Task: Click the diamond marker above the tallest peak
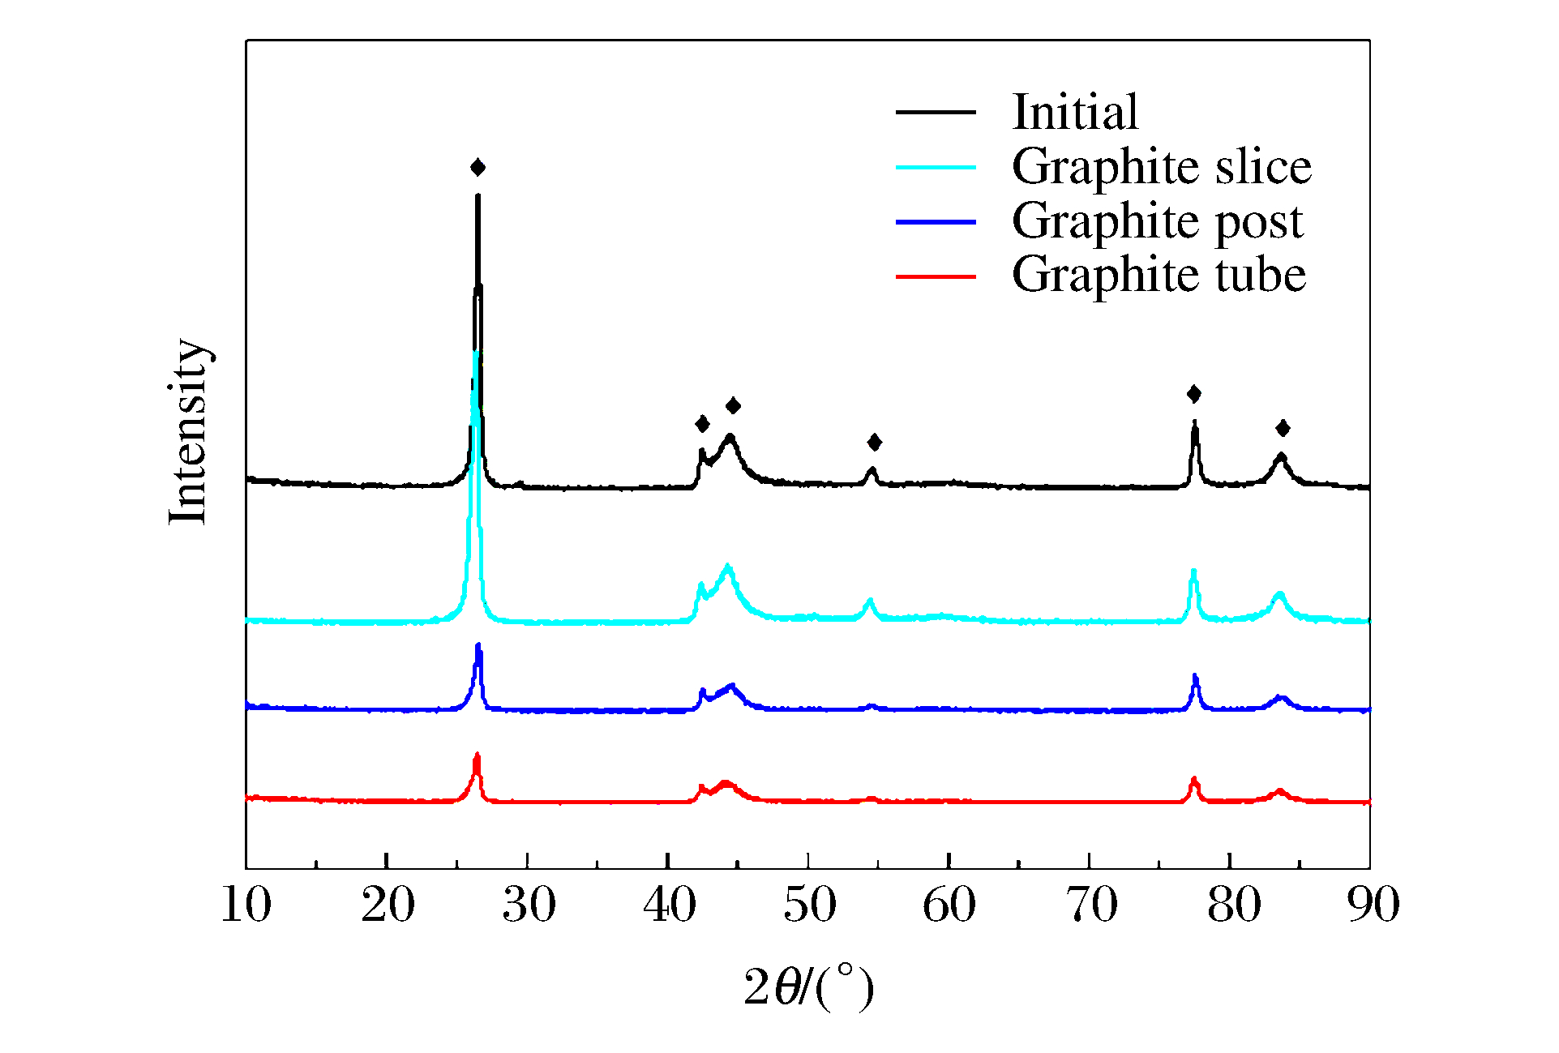pos(478,168)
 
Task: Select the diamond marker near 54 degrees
pos(874,442)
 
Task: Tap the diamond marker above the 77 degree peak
pos(1194,394)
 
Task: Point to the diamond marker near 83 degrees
pos(1283,428)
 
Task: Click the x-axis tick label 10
pos(246,905)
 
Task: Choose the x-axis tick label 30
pos(529,905)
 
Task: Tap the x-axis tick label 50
pos(809,905)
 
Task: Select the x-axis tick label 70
pos(1091,905)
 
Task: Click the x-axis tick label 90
pos(1373,905)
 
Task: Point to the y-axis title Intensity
pos(190,431)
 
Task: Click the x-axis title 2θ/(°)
pos(808,987)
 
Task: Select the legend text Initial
pos(1075,112)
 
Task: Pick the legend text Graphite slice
pos(1161,167)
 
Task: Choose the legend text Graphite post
pos(1157,220)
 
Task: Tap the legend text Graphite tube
pos(1159,275)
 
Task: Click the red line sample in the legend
pos(936,277)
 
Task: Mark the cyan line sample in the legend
pos(936,167)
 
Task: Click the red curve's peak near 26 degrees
pos(477,756)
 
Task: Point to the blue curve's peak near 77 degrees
pos(1195,677)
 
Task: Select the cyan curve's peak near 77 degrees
pos(1193,572)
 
